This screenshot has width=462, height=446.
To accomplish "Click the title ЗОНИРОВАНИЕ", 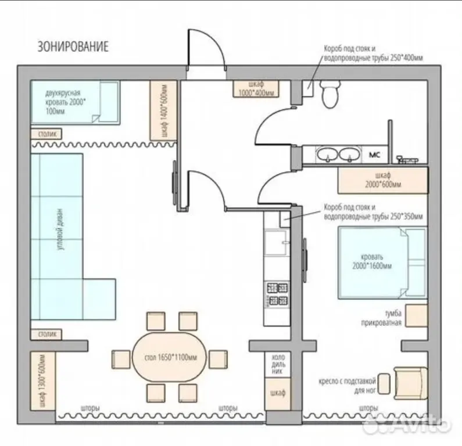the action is pyautogui.click(x=73, y=46).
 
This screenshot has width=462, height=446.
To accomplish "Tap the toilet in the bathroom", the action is pyautogui.click(x=330, y=94).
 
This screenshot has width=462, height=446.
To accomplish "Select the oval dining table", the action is pyautogui.click(x=170, y=357).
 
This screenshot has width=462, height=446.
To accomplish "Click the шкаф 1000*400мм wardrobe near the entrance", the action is pyautogui.click(x=256, y=89).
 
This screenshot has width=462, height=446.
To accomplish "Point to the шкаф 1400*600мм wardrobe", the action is pyautogui.click(x=163, y=110).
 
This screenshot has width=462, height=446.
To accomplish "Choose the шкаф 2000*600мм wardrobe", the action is pyautogui.click(x=383, y=181).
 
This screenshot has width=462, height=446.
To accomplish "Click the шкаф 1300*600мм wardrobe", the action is pyautogui.click(x=43, y=381).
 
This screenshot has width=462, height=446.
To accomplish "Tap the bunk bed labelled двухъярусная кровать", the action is pyautogui.click(x=75, y=102).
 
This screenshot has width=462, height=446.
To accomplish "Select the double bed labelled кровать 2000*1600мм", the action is pyautogui.click(x=382, y=262).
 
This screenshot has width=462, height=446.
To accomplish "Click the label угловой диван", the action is pyautogui.click(x=60, y=229).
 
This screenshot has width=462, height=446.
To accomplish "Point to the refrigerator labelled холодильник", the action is pyautogui.click(x=278, y=364).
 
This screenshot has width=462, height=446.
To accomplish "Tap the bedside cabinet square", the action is pyautogui.click(x=416, y=315).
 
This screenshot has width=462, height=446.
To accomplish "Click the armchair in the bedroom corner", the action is pyautogui.click(x=411, y=383).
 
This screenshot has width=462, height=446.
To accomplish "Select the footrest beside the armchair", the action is pyautogui.click(x=384, y=384).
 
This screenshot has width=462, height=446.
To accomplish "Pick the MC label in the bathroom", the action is pyautogui.click(x=374, y=154).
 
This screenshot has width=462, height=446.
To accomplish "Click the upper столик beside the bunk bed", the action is pyautogui.click(x=46, y=134).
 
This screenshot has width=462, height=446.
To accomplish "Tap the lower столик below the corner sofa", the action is pyautogui.click(x=46, y=334).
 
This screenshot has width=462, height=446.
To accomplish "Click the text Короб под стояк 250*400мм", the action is pyautogui.click(x=373, y=53).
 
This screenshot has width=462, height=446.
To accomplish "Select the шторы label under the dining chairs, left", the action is pyautogui.click(x=90, y=408).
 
